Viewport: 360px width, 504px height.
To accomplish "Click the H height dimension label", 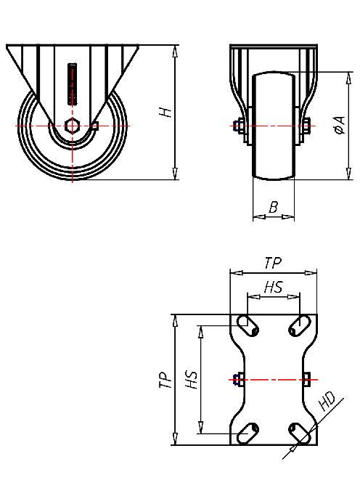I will pos(166,112).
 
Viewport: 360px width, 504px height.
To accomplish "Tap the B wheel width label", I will pos(273,208).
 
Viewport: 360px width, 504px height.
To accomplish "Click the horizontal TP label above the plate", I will pos(273,262).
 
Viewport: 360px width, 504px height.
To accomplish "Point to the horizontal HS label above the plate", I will pos(273,287).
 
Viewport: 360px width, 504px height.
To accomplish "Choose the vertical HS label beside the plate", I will pos(192,379).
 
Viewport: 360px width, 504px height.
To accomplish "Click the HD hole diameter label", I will pos(327,401).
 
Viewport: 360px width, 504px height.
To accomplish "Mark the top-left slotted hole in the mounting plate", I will pos(247,326).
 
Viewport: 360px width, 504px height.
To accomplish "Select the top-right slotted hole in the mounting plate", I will pos(298,326).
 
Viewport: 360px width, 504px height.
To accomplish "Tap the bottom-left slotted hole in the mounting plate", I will pos(247,432).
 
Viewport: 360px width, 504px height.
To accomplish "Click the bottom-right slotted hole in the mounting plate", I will pos(298,432).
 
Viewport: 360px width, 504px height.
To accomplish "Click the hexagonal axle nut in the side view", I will pos(72,125).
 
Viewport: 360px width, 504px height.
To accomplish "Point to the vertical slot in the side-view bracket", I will pos(72,83).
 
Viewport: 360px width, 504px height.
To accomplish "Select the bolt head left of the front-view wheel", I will pos(238,126).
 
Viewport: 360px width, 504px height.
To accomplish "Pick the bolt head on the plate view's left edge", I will pos(237,378).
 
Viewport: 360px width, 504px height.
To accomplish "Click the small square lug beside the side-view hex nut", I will pos(94,126).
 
